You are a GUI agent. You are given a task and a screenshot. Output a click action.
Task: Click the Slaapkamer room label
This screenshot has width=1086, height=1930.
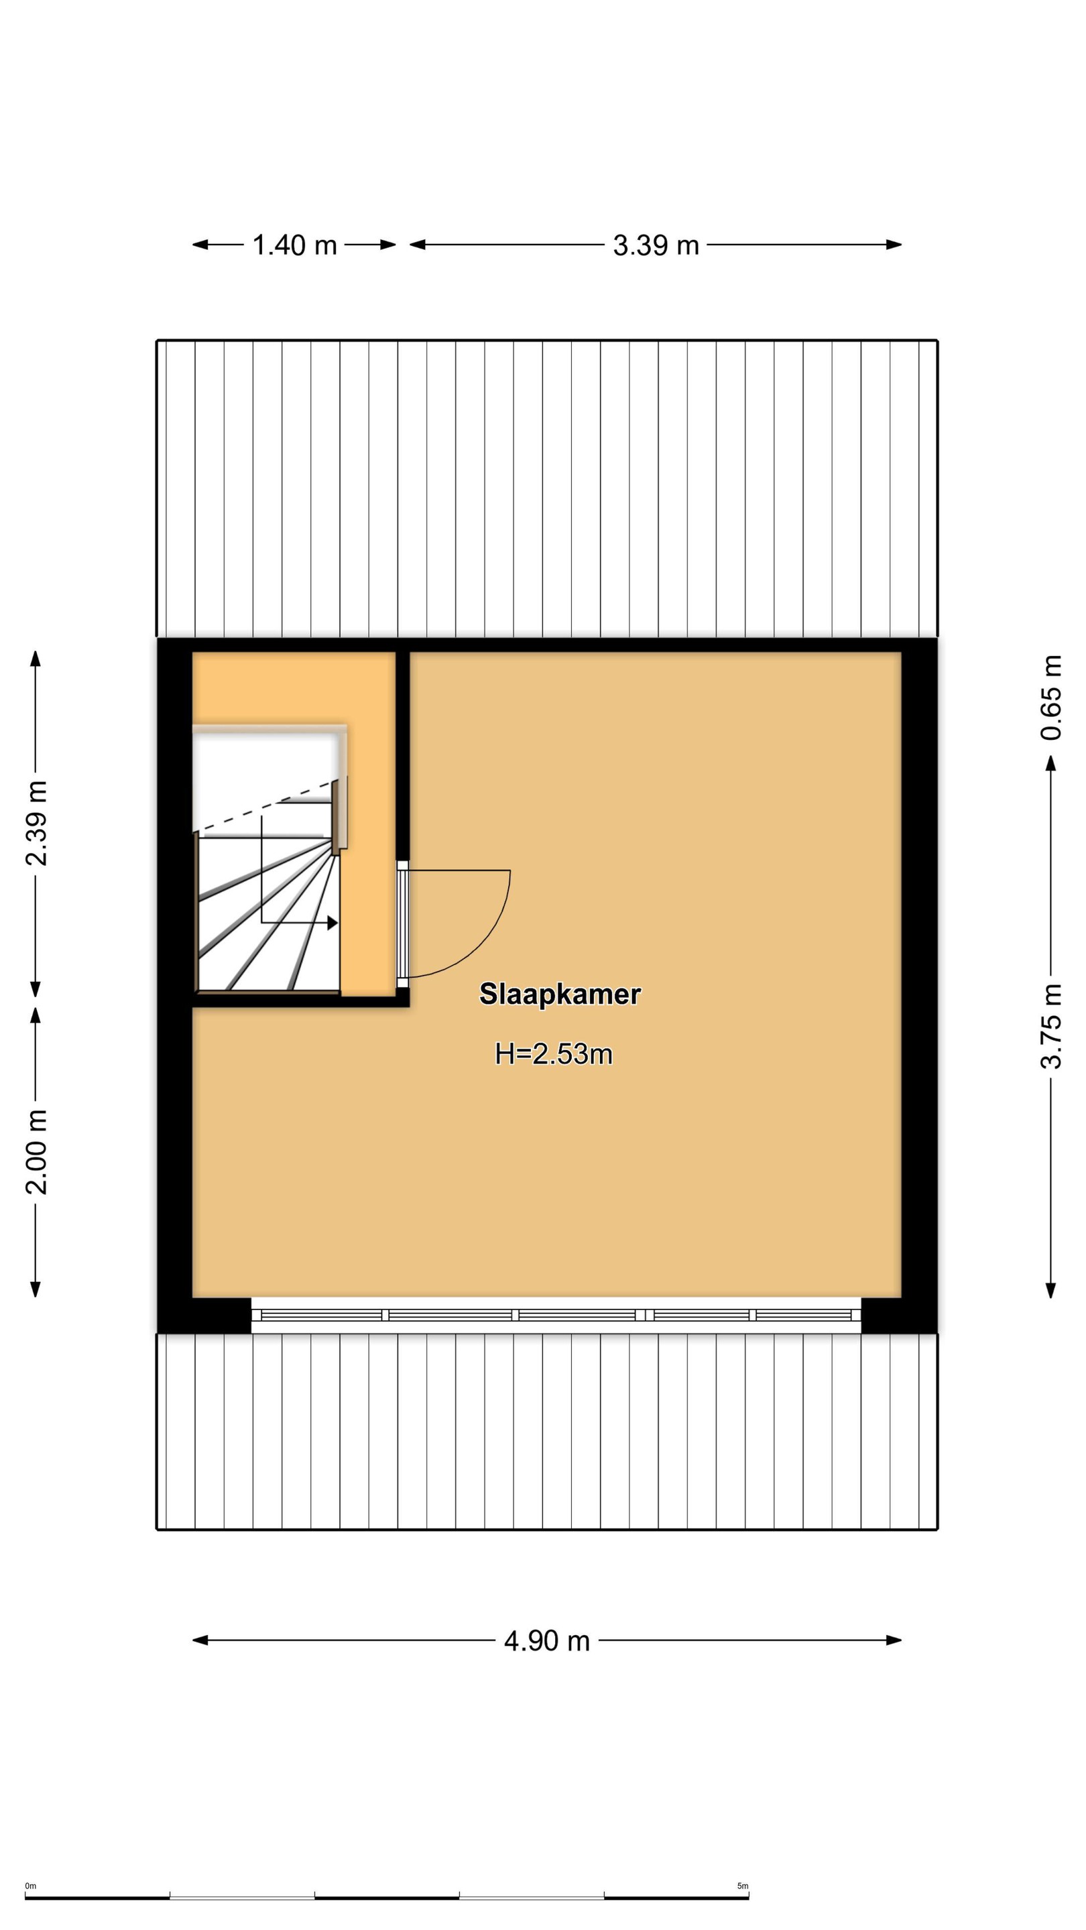click(560, 994)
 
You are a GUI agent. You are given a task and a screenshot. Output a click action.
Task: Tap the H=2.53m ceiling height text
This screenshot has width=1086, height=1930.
click(554, 1054)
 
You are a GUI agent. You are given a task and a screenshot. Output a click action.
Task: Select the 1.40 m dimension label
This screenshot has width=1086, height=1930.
click(294, 245)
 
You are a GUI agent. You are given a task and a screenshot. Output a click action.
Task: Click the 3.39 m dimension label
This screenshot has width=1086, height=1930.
click(656, 245)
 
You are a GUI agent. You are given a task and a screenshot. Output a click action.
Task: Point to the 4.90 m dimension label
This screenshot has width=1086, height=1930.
click(547, 1640)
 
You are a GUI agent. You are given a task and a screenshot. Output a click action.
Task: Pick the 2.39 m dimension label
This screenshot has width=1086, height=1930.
click(36, 823)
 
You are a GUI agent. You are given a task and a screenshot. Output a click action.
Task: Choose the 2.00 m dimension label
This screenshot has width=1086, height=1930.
click(36, 1151)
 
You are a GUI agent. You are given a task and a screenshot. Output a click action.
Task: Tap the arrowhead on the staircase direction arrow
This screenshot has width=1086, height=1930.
click(333, 923)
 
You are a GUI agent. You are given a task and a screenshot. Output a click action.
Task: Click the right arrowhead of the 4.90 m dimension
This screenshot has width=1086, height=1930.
click(894, 1640)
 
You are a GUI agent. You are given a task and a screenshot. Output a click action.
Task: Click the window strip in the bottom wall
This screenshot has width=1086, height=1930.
click(556, 1315)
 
